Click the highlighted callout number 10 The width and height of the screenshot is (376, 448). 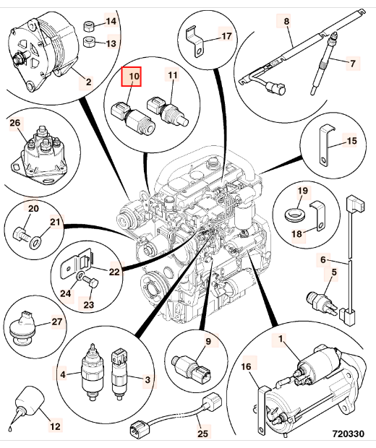click(x=132, y=77)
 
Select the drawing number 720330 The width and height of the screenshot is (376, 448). click(x=349, y=434)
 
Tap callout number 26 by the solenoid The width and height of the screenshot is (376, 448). click(x=15, y=123)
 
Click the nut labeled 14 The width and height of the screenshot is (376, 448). click(x=88, y=27)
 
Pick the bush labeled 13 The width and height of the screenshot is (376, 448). click(x=89, y=42)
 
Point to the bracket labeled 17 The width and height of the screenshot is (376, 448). click(x=195, y=41)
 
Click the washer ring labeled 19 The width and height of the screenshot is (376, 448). click(x=295, y=214)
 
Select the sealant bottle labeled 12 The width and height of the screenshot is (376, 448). click(x=27, y=402)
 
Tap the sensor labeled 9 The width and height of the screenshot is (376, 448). click(x=192, y=368)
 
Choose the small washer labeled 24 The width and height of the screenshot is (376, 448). click(x=80, y=276)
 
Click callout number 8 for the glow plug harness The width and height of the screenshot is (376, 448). click(x=286, y=21)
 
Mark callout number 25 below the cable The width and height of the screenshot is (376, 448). click(x=202, y=434)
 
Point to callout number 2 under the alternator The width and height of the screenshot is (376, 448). click(x=88, y=82)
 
